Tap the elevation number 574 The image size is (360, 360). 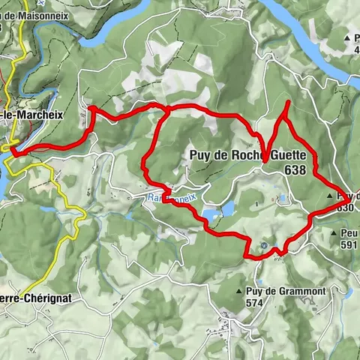point(256,303)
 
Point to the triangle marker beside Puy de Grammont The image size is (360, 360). point(238,291)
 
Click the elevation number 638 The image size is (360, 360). point(295,171)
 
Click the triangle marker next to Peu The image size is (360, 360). point(333,233)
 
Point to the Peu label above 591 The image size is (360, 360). point(349,233)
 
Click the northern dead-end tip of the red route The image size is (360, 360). point(289,101)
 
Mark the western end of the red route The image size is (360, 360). point(10,152)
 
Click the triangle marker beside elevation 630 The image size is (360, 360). point(331,196)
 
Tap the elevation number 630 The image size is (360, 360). point(346,208)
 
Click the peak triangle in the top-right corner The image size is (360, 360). point(347,37)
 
